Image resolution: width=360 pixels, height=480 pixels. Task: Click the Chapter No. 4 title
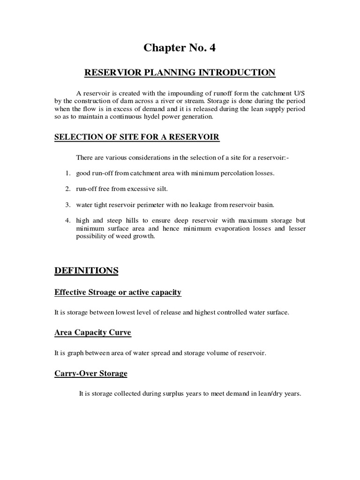point(180,47)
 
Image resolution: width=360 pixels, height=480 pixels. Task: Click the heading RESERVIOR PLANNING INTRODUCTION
point(180,73)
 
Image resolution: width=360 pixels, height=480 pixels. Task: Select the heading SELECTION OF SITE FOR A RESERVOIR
point(137,137)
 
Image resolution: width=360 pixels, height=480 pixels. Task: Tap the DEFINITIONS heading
point(86,270)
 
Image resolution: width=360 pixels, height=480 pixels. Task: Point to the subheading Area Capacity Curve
point(93,333)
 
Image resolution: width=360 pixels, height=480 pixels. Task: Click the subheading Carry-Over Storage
point(91,374)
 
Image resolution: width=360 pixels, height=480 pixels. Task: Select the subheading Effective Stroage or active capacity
point(118,292)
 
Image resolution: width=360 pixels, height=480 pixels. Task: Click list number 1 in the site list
point(68,173)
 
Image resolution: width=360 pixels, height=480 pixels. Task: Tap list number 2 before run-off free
point(68,189)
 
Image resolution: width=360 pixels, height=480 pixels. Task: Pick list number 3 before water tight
point(68,204)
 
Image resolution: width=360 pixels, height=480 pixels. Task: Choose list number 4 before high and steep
point(68,220)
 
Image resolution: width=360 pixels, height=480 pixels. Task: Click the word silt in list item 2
point(160,189)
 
